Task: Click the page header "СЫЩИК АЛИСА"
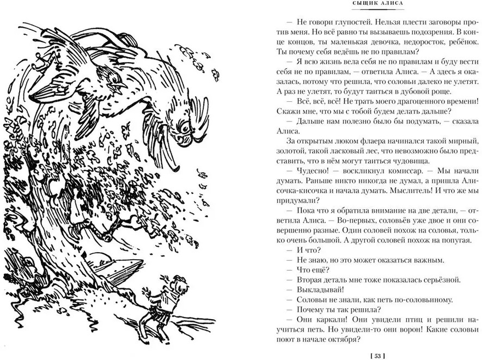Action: coord(377,3)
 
